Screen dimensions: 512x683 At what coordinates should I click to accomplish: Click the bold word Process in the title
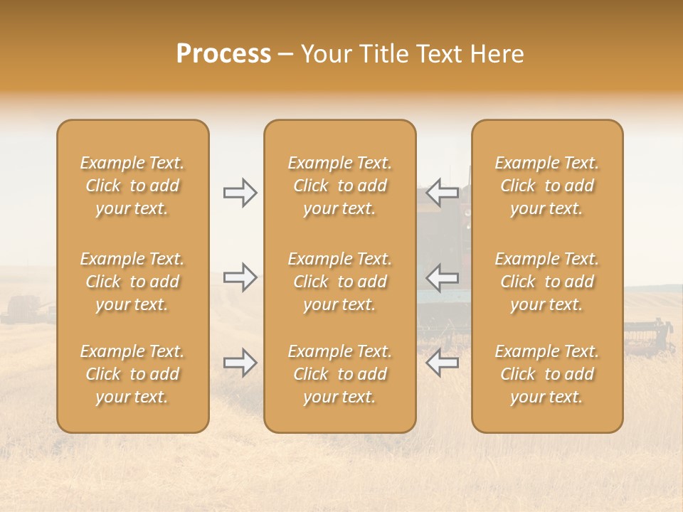tap(223, 54)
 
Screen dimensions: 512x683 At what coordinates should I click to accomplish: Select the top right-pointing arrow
tap(240, 192)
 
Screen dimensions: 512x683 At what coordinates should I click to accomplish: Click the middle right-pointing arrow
tap(240, 277)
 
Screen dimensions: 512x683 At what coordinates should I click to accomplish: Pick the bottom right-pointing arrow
tap(240, 363)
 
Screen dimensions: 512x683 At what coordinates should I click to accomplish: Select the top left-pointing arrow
tap(442, 192)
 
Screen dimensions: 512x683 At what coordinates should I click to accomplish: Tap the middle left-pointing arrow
tap(442, 277)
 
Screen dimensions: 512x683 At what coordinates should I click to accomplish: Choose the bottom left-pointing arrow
tap(442, 363)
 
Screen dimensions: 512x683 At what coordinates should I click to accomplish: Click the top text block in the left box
tap(132, 186)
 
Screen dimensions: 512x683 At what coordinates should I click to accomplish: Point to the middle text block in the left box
tap(132, 282)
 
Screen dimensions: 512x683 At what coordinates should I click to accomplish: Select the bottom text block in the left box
tap(132, 374)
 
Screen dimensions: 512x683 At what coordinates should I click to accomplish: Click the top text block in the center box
tap(340, 186)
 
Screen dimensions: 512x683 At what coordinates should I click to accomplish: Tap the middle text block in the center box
tap(340, 282)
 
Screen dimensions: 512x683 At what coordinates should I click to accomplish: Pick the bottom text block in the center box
tap(340, 374)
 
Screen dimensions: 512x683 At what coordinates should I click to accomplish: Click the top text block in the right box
tap(547, 186)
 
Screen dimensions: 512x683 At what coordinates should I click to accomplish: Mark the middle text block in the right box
tap(547, 282)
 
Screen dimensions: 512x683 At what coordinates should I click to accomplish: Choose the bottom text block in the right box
tap(547, 374)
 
